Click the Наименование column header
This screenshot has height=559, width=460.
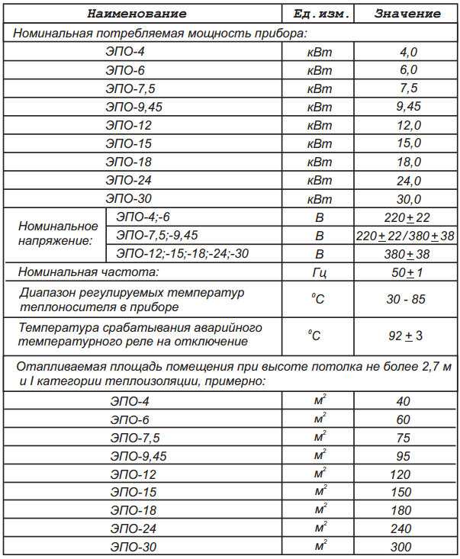(137, 14)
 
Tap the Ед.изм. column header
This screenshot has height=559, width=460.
(320, 14)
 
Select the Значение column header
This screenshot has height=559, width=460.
(407, 14)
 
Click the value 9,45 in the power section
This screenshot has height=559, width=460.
(409, 106)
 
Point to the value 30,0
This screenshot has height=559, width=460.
(409, 199)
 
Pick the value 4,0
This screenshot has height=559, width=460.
(409, 52)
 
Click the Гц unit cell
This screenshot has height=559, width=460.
(320, 273)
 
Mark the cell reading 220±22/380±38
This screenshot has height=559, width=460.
(405, 236)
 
